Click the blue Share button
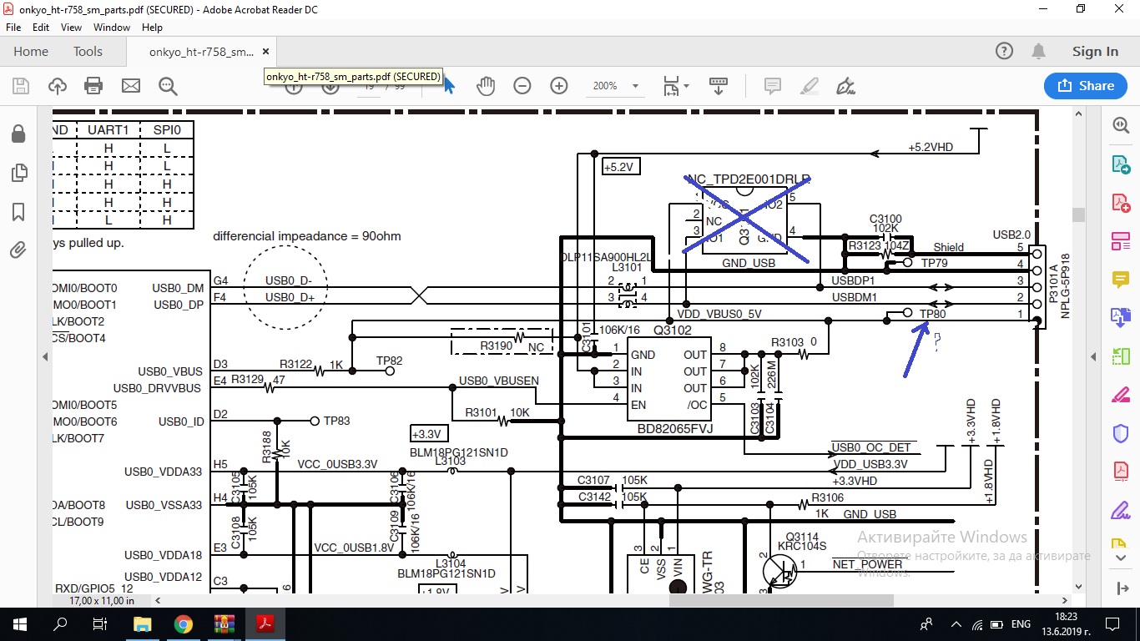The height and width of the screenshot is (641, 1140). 1085,85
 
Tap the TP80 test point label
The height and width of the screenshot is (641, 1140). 932,314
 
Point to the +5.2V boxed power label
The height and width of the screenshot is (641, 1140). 621,167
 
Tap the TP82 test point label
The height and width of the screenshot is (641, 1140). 389,361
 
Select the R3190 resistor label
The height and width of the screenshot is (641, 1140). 497,346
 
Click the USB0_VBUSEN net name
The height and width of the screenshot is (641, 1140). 498,381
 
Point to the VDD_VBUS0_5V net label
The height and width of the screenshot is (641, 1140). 719,314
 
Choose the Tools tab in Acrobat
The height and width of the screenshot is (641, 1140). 88,52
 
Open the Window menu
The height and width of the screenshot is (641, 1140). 112,27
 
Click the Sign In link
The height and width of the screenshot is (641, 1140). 1095,52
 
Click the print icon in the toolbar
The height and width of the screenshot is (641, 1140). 93,85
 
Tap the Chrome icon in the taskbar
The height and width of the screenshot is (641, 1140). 183,624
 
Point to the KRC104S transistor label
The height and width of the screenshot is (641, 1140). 801,547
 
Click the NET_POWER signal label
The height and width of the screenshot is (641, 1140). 867,564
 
